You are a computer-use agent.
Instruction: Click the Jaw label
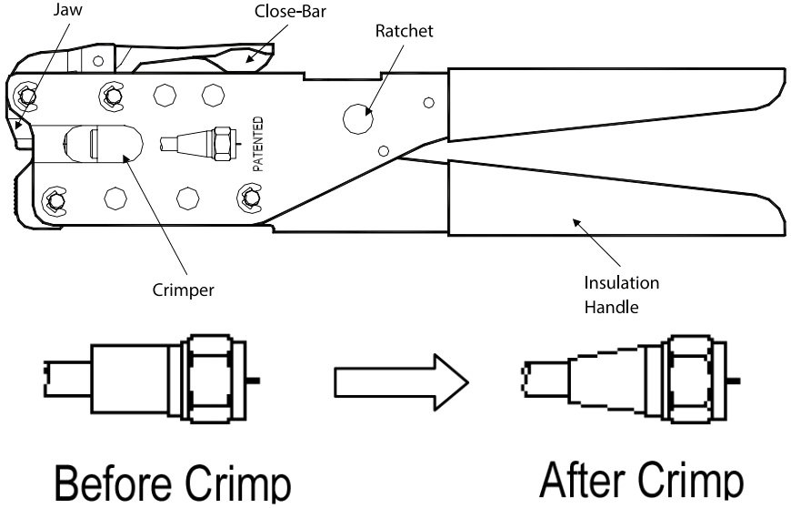point(67,10)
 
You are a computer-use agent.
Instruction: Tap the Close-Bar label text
point(290,11)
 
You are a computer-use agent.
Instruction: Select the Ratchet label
point(404,31)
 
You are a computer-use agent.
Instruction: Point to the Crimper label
point(183,290)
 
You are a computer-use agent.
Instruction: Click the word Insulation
point(622,283)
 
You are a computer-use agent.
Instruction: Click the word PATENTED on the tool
point(258,144)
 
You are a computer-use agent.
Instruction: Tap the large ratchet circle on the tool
point(358,119)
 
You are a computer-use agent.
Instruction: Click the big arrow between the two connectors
point(402,382)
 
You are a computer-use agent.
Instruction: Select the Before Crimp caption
point(173,483)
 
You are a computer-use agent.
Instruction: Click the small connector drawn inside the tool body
point(198,144)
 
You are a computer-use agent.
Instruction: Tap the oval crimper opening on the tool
point(104,144)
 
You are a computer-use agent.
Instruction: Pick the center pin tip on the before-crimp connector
point(254,380)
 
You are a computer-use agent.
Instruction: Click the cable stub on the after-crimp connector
point(545,379)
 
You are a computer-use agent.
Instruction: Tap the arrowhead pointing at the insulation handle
point(576,222)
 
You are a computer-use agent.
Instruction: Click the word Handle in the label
point(611,307)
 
